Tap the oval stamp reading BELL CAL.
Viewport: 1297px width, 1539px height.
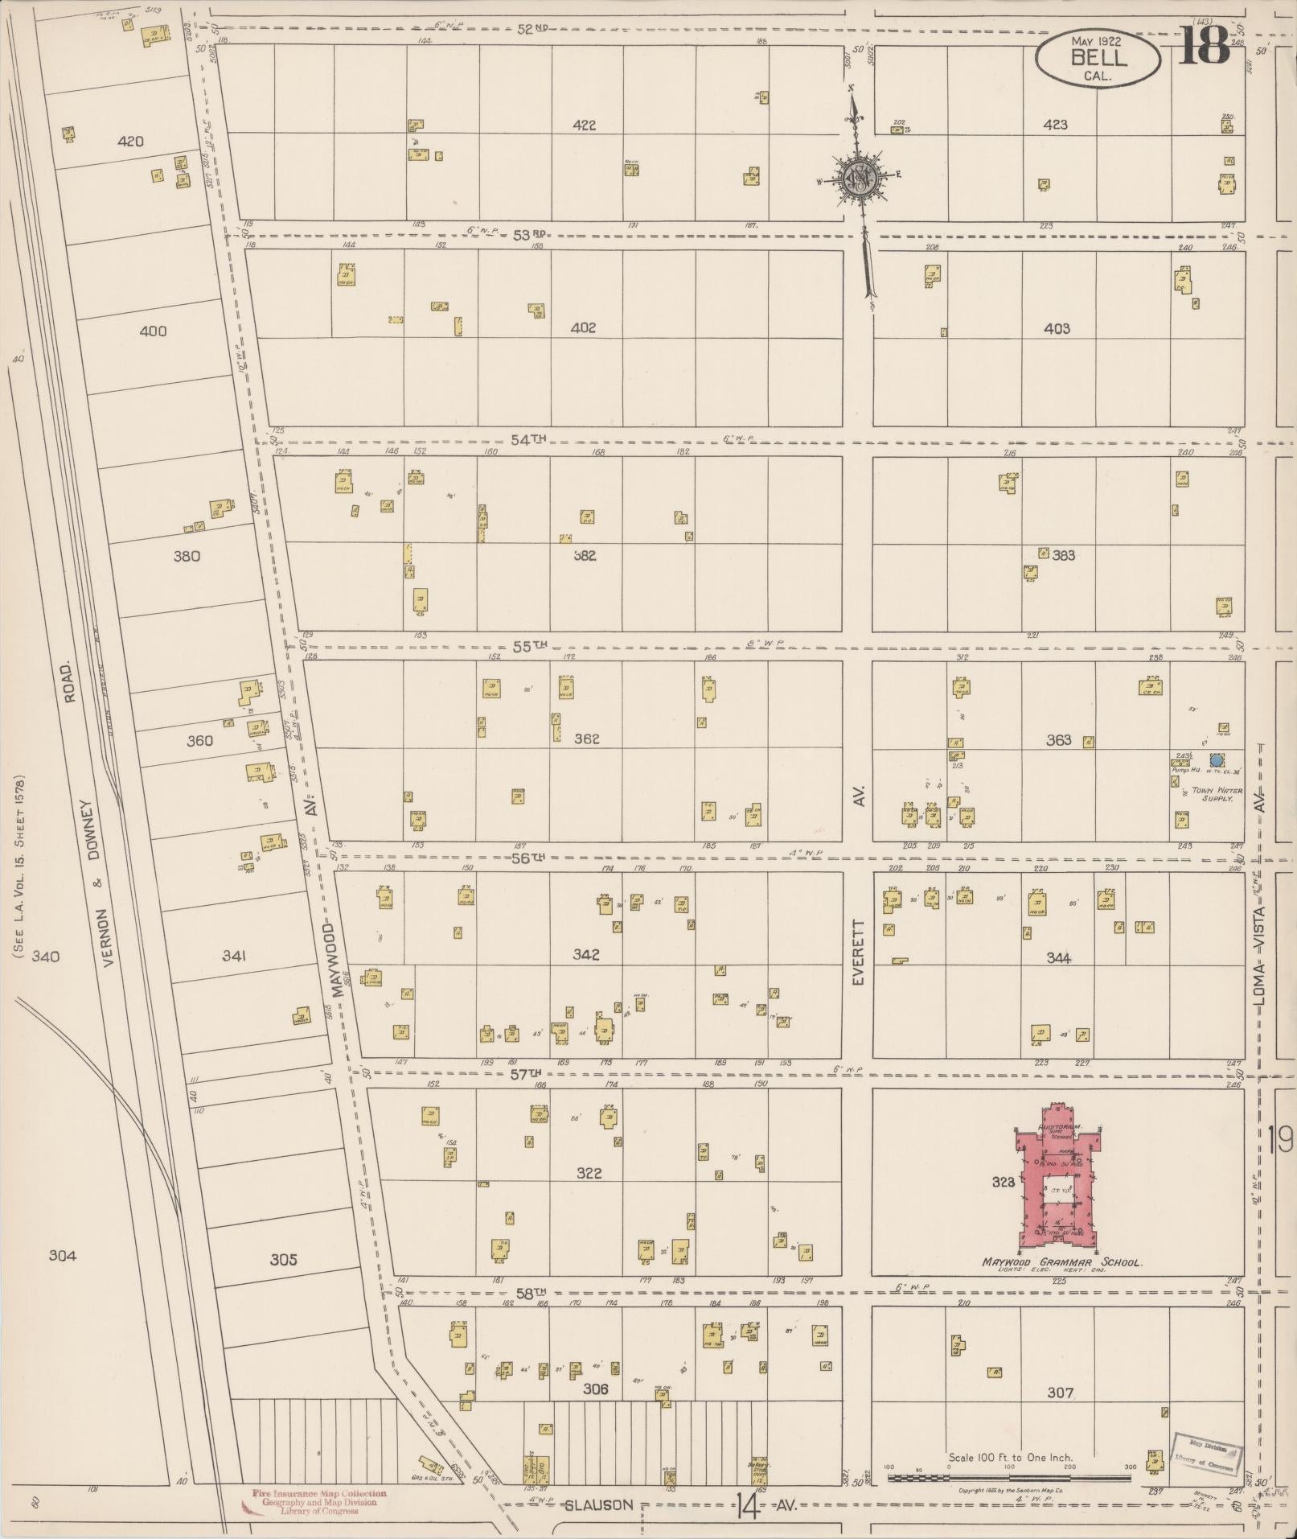1099,58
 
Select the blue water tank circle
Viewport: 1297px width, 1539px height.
1217,759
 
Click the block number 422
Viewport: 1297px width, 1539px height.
585,125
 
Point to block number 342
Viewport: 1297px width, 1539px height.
585,955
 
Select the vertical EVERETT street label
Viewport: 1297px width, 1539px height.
858,954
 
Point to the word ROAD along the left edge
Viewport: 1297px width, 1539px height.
70,682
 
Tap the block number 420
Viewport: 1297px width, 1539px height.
130,142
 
